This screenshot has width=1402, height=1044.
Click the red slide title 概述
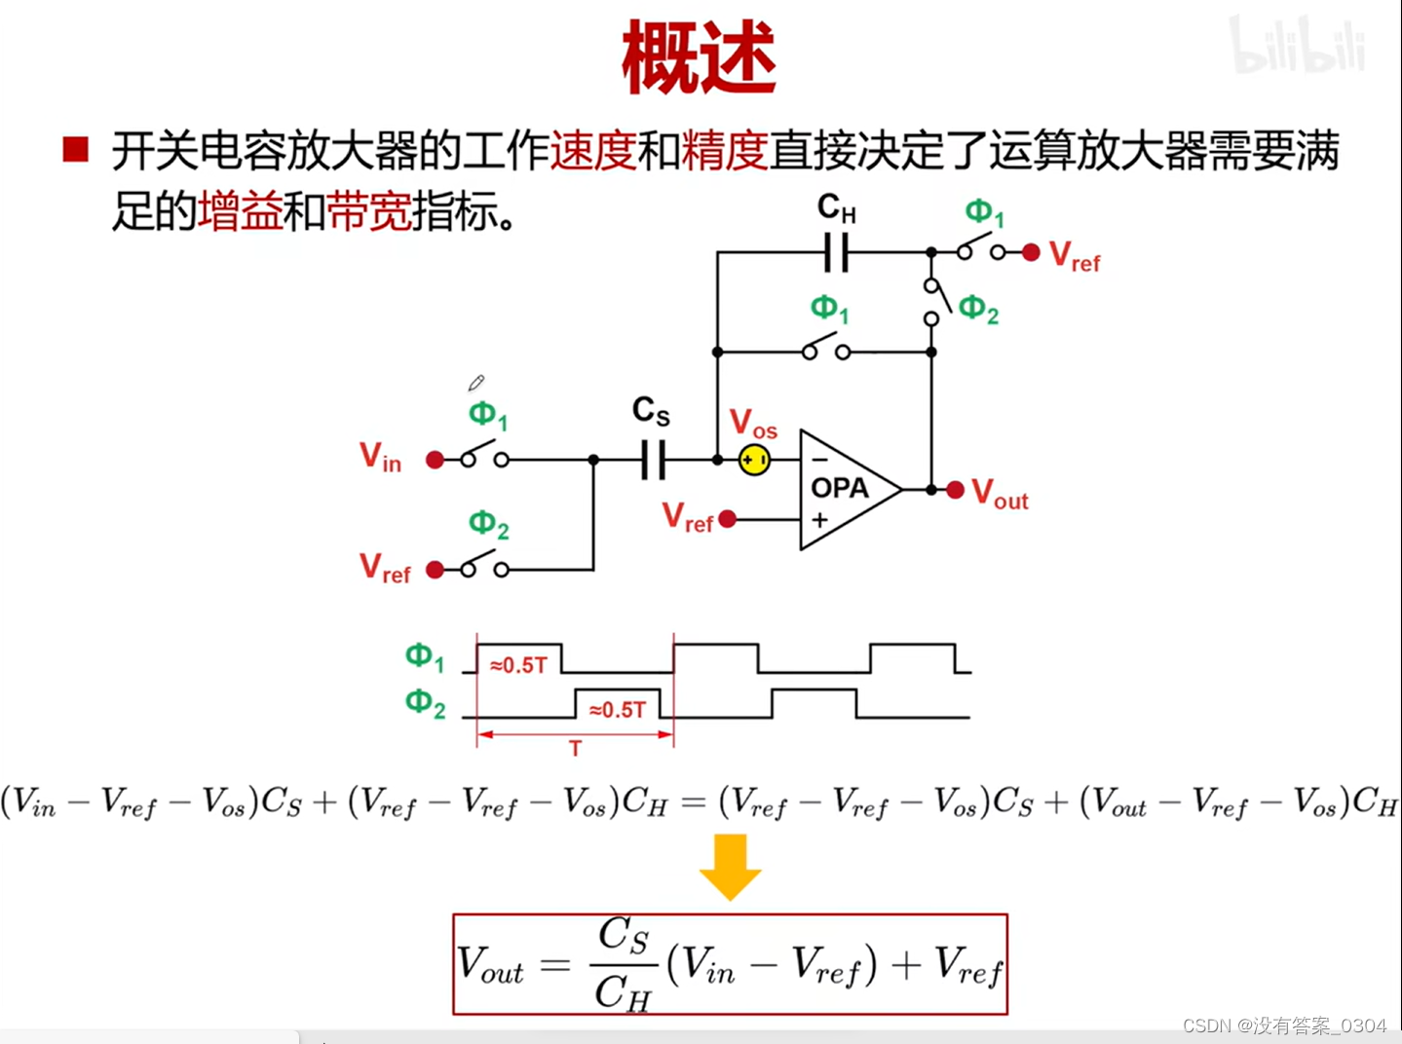click(x=699, y=58)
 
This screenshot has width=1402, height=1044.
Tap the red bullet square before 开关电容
click(x=75, y=150)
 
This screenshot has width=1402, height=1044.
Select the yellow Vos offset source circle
click(x=754, y=460)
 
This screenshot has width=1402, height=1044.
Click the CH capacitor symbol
click(x=836, y=252)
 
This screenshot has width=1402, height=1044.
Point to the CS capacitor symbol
click(x=653, y=460)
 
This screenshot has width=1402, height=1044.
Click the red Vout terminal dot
click(x=956, y=489)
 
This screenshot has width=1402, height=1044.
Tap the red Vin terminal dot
click(x=435, y=460)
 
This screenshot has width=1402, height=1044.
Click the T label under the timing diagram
click(x=575, y=748)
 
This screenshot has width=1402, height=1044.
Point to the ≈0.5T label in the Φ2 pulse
click(x=618, y=710)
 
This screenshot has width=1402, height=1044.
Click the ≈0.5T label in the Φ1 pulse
click(x=518, y=665)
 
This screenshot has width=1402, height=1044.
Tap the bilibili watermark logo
click(x=1297, y=46)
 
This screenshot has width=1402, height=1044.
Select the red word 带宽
click(x=368, y=210)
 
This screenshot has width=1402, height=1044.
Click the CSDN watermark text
click(x=1283, y=1025)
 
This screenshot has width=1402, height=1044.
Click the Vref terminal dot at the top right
click(x=1031, y=252)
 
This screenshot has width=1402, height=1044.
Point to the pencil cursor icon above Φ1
click(x=475, y=384)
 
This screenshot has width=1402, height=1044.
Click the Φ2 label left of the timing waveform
click(x=426, y=703)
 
